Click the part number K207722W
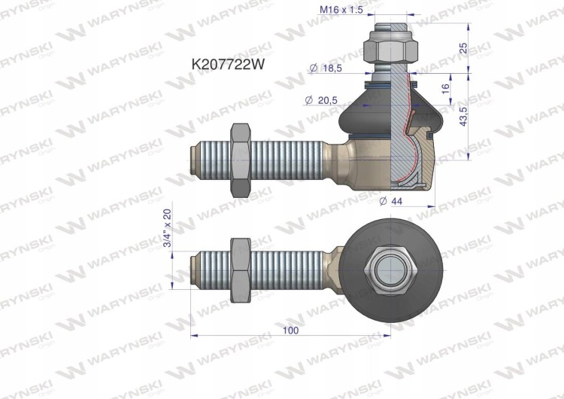pos(228,65)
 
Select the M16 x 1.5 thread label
pos(341,10)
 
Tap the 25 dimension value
pos(464,48)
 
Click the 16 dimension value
pos(445,89)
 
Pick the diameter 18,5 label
pos(326,68)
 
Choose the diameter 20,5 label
pos(321,100)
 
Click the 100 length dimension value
pos(290,330)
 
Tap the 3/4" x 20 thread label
pos(168,228)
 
